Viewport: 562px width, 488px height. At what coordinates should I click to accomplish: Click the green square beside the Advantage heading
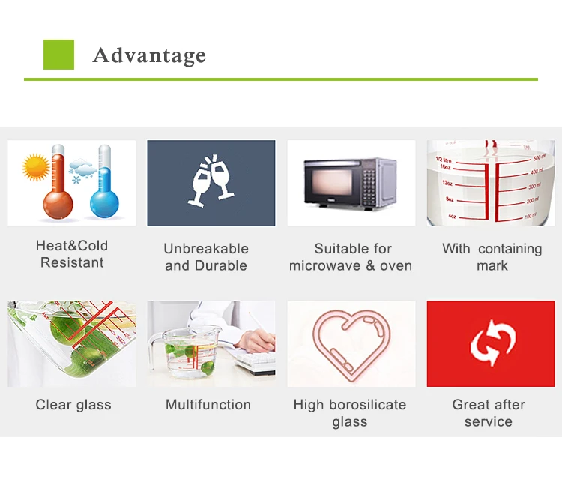pyautogui.click(x=58, y=55)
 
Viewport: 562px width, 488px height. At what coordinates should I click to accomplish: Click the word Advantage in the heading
pyautogui.click(x=149, y=55)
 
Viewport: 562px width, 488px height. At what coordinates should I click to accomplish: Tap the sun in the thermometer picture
pyautogui.click(x=36, y=167)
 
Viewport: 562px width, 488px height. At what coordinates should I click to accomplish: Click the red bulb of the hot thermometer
pyautogui.click(x=58, y=205)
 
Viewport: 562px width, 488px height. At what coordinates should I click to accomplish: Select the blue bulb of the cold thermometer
pyautogui.click(x=104, y=204)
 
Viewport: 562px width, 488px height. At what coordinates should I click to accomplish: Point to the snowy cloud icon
pyautogui.click(x=82, y=169)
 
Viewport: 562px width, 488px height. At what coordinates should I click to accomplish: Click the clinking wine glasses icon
pyautogui.click(x=211, y=181)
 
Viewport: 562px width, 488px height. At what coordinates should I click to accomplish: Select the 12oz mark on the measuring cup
pyautogui.click(x=447, y=183)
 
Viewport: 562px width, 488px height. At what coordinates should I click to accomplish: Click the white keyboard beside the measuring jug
pyautogui.click(x=256, y=362)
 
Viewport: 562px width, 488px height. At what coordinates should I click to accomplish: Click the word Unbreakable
pyautogui.click(x=206, y=248)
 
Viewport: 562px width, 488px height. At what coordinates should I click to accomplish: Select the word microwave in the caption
pyautogui.click(x=325, y=265)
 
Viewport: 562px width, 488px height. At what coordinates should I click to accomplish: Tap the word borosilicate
pyautogui.click(x=367, y=405)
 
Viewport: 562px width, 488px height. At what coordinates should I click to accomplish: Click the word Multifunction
pyautogui.click(x=208, y=405)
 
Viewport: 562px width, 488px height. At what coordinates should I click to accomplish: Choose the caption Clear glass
pyautogui.click(x=73, y=406)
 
